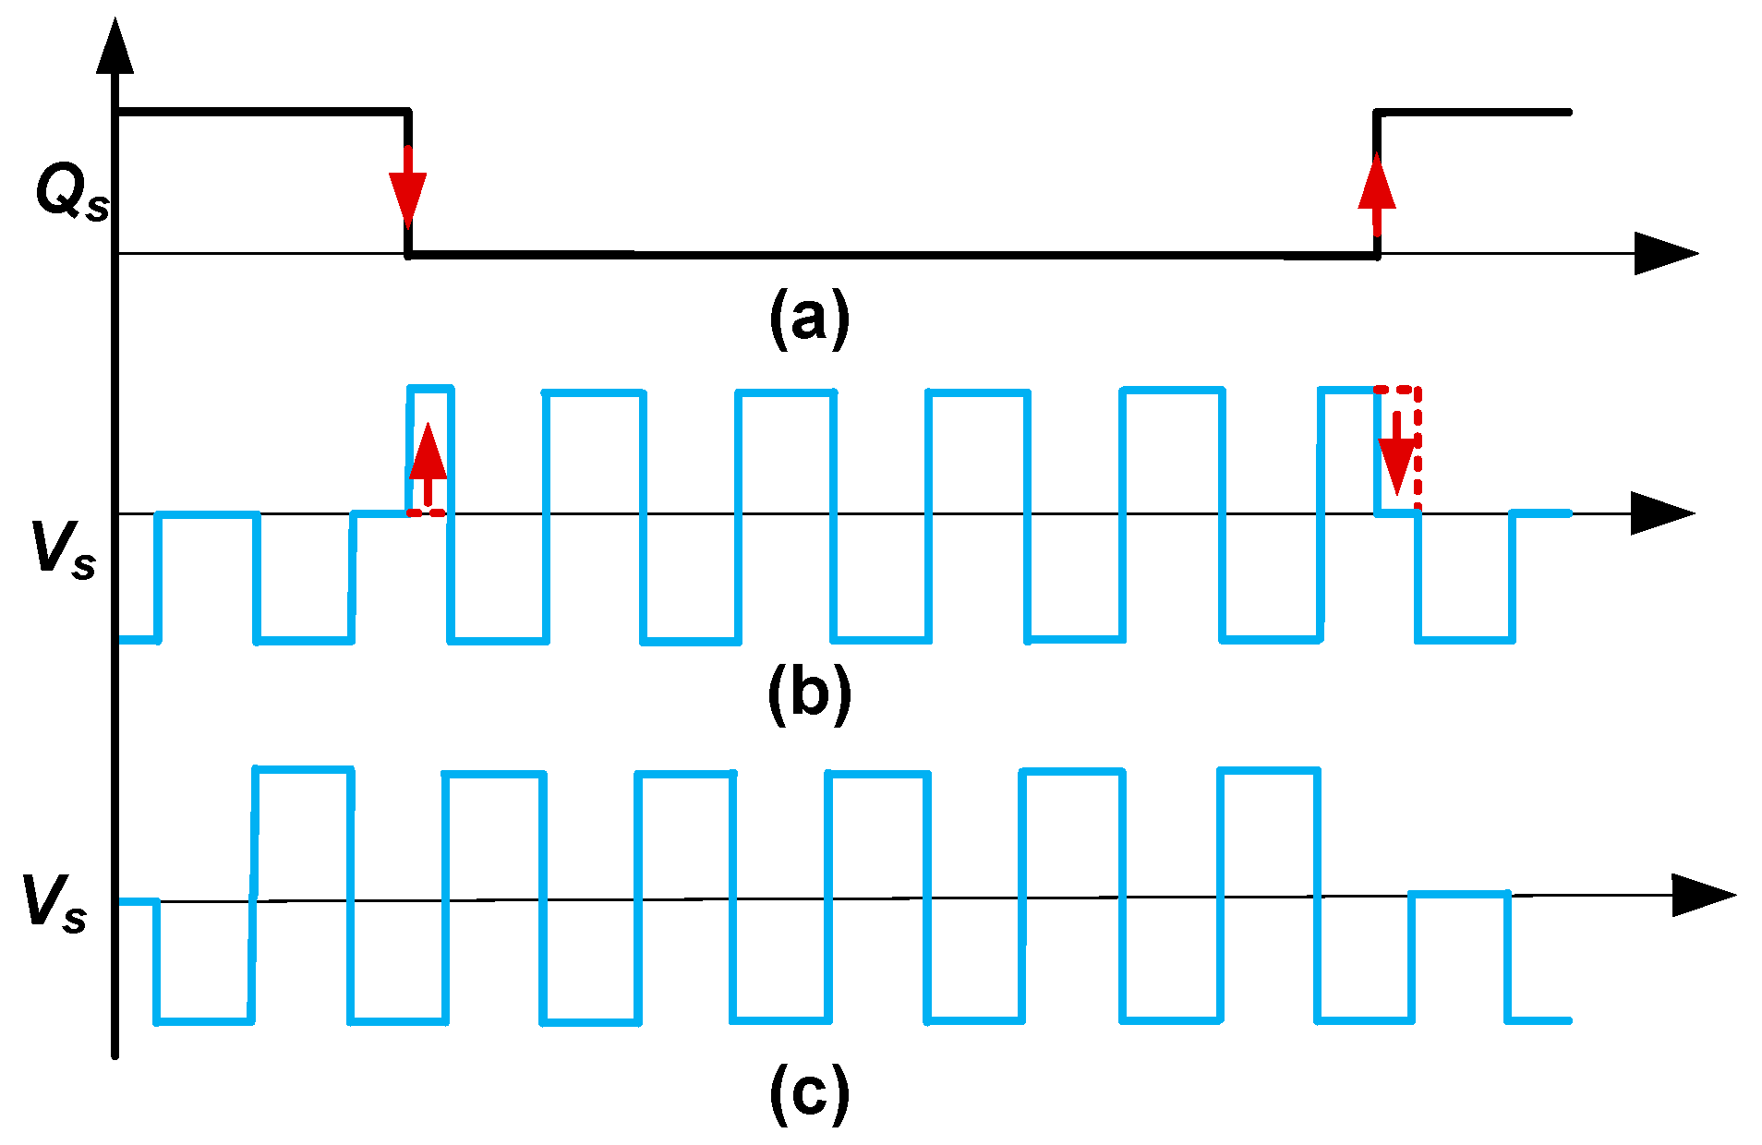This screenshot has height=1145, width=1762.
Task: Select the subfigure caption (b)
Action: pos(809,693)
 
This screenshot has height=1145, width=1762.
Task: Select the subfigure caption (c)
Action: pos(809,1093)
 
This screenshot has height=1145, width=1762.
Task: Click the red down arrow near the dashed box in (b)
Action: pos(1397,457)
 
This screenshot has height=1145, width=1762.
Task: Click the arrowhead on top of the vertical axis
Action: pos(115,46)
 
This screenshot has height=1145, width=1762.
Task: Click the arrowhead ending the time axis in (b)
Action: pos(1660,513)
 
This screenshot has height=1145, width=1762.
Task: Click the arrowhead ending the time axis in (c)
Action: pos(1702,895)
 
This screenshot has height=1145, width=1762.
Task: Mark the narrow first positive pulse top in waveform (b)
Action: pos(430,389)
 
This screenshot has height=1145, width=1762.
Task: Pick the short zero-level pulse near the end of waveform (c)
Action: pos(1459,894)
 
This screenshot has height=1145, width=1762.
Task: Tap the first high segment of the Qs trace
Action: pos(263,113)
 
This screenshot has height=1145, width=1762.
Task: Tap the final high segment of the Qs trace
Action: pos(1473,113)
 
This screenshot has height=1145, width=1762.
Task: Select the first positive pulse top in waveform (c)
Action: pos(304,769)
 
